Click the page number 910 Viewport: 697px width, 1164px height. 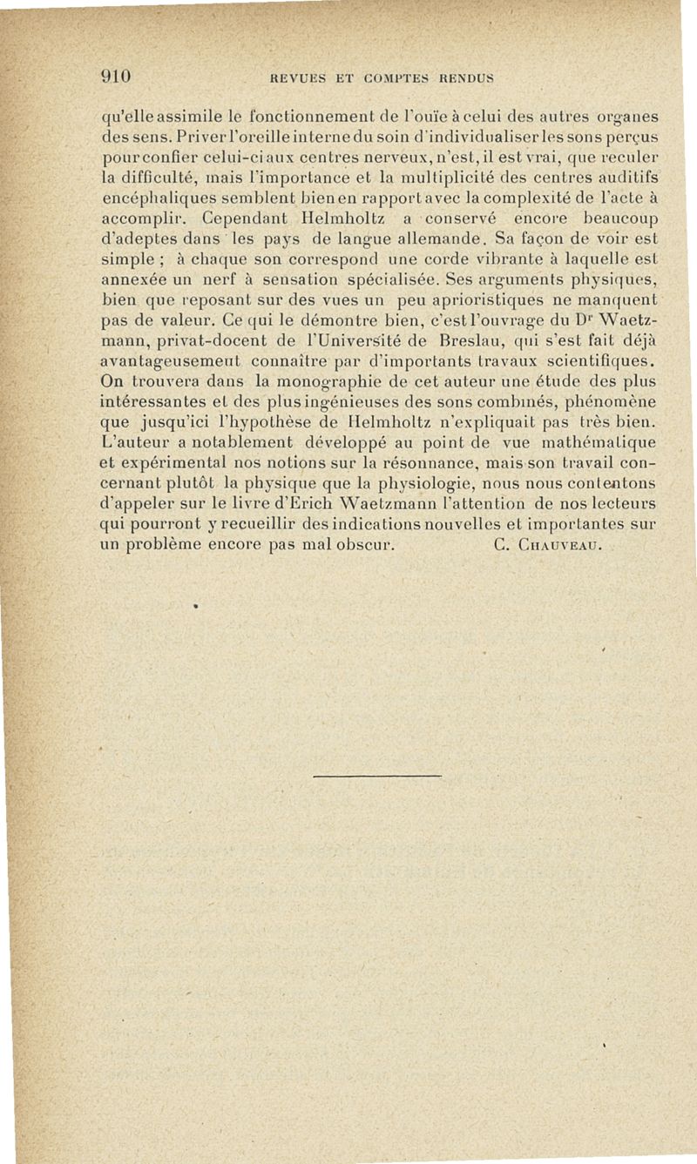click(113, 75)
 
